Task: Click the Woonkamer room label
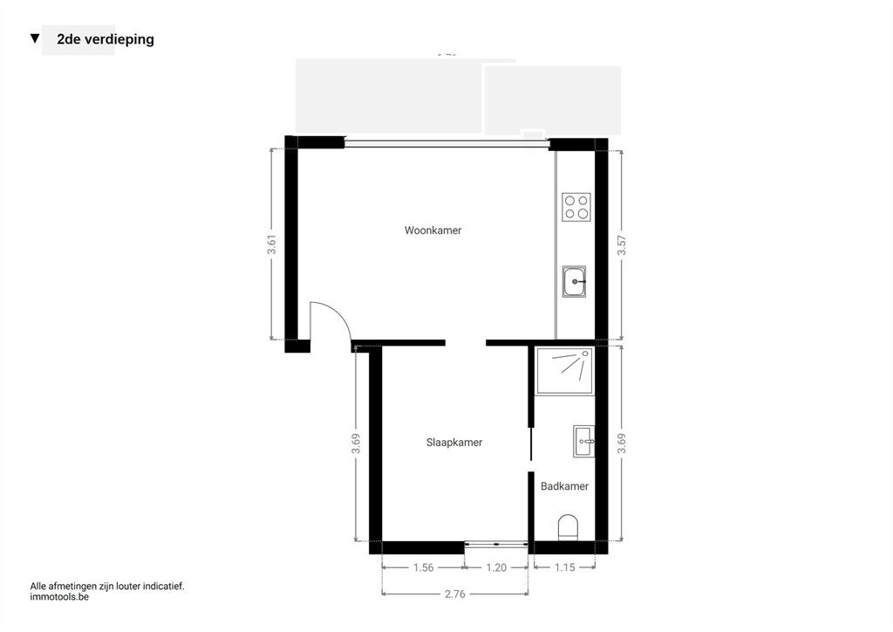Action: pos(433,230)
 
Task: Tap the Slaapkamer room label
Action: pos(453,443)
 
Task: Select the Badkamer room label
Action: pos(564,486)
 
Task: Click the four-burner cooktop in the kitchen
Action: pos(576,207)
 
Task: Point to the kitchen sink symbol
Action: pos(574,281)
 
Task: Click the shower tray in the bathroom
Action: pos(564,371)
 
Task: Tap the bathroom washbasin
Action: pos(583,441)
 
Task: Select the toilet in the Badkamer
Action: pos(568,527)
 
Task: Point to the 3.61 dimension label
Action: pos(272,244)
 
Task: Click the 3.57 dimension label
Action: pos(621,245)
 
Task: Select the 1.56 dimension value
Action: pos(423,567)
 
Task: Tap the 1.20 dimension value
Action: pos(496,567)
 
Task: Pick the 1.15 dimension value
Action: pos(564,567)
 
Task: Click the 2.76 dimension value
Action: pos(455,594)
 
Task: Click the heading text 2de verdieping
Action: pos(106,39)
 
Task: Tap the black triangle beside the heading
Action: pos(35,38)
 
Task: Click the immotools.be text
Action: pos(59,597)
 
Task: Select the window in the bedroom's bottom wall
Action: pos(496,544)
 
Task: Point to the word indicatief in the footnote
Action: pos(163,586)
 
